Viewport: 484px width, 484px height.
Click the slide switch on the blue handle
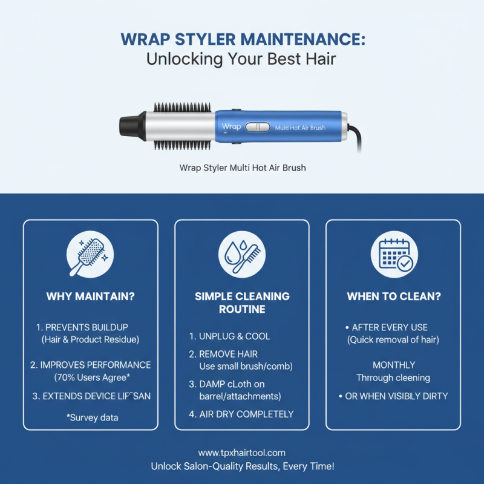(258, 127)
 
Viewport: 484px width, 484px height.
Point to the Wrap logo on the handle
(231, 126)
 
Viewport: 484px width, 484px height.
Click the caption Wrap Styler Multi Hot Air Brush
(243, 168)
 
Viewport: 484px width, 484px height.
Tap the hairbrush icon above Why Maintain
(90, 254)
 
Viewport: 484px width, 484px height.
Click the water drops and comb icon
(242, 254)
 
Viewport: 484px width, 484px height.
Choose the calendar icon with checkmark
(394, 254)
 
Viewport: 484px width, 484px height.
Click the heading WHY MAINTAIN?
(90, 296)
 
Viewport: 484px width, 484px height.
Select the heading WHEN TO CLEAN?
(394, 296)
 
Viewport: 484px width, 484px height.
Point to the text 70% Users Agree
(92, 378)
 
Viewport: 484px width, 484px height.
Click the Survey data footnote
(93, 417)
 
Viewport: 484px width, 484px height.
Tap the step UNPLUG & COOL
(229, 336)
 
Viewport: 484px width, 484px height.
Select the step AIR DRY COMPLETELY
(241, 414)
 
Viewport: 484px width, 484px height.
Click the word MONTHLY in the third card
(394, 365)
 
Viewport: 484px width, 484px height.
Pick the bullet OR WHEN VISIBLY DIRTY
(393, 396)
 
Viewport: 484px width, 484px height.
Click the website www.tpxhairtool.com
(242, 453)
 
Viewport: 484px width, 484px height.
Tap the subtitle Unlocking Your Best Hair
(241, 59)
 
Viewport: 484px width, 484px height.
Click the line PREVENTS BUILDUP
(82, 327)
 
